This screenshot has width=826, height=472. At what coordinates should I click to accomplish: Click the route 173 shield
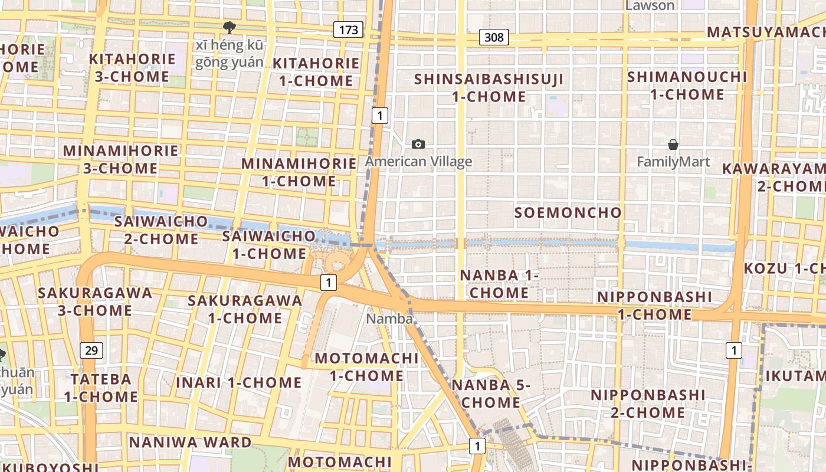pos(348,29)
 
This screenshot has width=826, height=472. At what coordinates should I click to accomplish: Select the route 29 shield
pos(91,350)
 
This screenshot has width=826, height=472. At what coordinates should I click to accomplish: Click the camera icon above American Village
pos(418,144)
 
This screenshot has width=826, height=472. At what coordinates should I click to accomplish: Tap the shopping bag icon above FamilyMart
pos(673,144)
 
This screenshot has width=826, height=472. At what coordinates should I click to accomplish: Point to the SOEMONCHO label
pos(568,212)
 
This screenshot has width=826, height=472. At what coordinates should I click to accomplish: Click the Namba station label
pos(389,319)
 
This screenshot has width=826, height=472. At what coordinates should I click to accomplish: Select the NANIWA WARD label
pos(190,442)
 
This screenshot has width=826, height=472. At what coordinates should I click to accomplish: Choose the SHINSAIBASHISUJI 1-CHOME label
pos(489,87)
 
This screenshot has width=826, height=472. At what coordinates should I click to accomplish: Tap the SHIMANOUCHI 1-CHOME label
pos(687,86)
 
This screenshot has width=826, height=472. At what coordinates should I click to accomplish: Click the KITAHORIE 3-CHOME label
pos(132,67)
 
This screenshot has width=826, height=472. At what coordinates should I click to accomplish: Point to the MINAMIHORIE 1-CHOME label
pos(299,172)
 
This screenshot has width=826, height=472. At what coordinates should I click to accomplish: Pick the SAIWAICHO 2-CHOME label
pos(161,230)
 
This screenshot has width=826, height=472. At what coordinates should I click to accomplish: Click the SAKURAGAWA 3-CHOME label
pos(95,301)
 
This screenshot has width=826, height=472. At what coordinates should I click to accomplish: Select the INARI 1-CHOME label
pos(239,382)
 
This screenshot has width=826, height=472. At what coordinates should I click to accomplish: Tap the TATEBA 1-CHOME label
pos(101,387)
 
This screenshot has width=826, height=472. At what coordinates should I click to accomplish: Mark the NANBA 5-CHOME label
pos(491,394)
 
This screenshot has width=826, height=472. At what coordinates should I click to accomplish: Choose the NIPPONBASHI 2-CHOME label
pos(648,403)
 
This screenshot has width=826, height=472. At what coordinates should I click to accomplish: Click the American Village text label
pos(418,162)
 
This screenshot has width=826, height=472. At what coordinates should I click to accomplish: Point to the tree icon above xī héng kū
pos(229,27)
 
